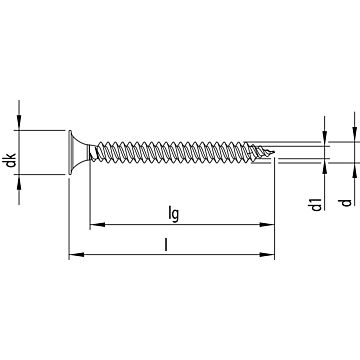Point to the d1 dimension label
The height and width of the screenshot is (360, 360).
[316, 205]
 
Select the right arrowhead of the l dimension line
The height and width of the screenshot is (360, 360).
[270, 256]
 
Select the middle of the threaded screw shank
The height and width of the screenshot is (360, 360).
[180, 153]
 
